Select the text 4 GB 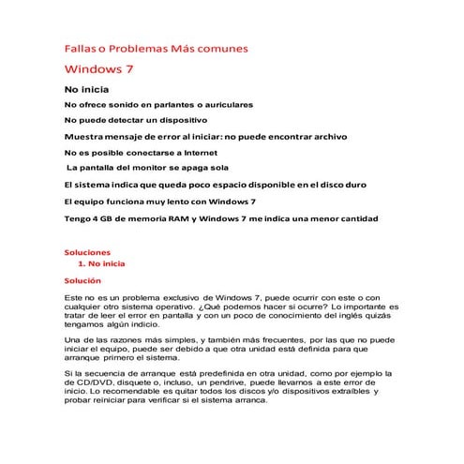(101, 218)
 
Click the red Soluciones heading (87, 252)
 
